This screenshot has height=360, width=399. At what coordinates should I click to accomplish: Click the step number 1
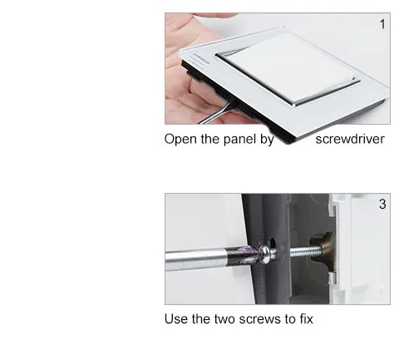pos(382,24)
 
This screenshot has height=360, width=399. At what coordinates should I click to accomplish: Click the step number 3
pos(382,205)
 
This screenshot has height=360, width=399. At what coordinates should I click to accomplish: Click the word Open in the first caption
pos(181,140)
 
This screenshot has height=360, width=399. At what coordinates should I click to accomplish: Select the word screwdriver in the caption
pos(350,139)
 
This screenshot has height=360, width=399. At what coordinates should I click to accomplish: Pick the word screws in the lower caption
pos(259,319)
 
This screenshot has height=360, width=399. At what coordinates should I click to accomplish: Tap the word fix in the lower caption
pos(307,318)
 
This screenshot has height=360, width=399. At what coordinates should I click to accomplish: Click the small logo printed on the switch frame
pos(201,57)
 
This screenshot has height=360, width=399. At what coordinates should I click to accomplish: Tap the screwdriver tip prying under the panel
pos(232,105)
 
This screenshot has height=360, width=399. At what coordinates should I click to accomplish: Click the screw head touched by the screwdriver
pos(267,254)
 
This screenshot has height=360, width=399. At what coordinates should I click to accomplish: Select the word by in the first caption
pos(267,140)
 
